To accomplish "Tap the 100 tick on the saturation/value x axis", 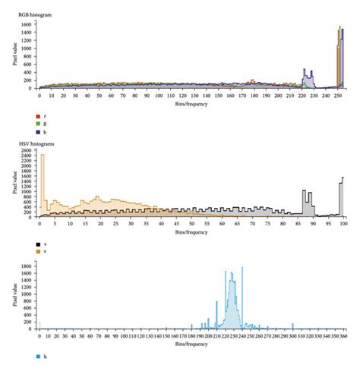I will coord(343,224).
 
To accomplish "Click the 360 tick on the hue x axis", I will coord(343,335).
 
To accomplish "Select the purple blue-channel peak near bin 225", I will coord(306,76).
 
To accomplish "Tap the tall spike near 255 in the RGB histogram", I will coord(341,53).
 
